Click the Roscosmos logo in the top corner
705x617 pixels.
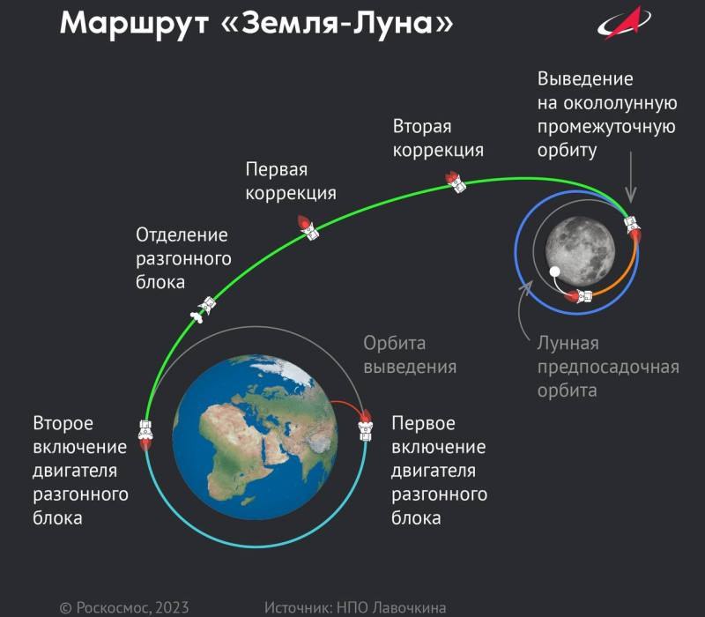click(624, 23)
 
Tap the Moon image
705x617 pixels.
click(580, 251)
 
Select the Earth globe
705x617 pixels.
click(255, 437)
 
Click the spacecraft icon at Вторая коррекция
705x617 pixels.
click(456, 182)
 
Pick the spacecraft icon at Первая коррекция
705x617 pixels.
click(308, 227)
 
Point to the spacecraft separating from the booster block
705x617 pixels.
click(203, 309)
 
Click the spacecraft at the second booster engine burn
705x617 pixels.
click(145, 435)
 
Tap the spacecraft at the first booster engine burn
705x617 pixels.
click(365, 425)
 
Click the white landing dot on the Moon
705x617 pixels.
click(555, 271)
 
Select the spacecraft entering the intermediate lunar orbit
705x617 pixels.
click(632, 228)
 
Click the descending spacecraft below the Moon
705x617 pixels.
click(579, 296)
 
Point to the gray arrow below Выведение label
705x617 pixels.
click(631, 177)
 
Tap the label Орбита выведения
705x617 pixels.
click(410, 355)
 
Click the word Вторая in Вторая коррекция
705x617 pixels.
click(422, 126)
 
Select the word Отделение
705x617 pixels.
click(182, 234)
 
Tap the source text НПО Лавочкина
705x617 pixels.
click(391, 607)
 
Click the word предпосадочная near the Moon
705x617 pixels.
click(608, 368)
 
